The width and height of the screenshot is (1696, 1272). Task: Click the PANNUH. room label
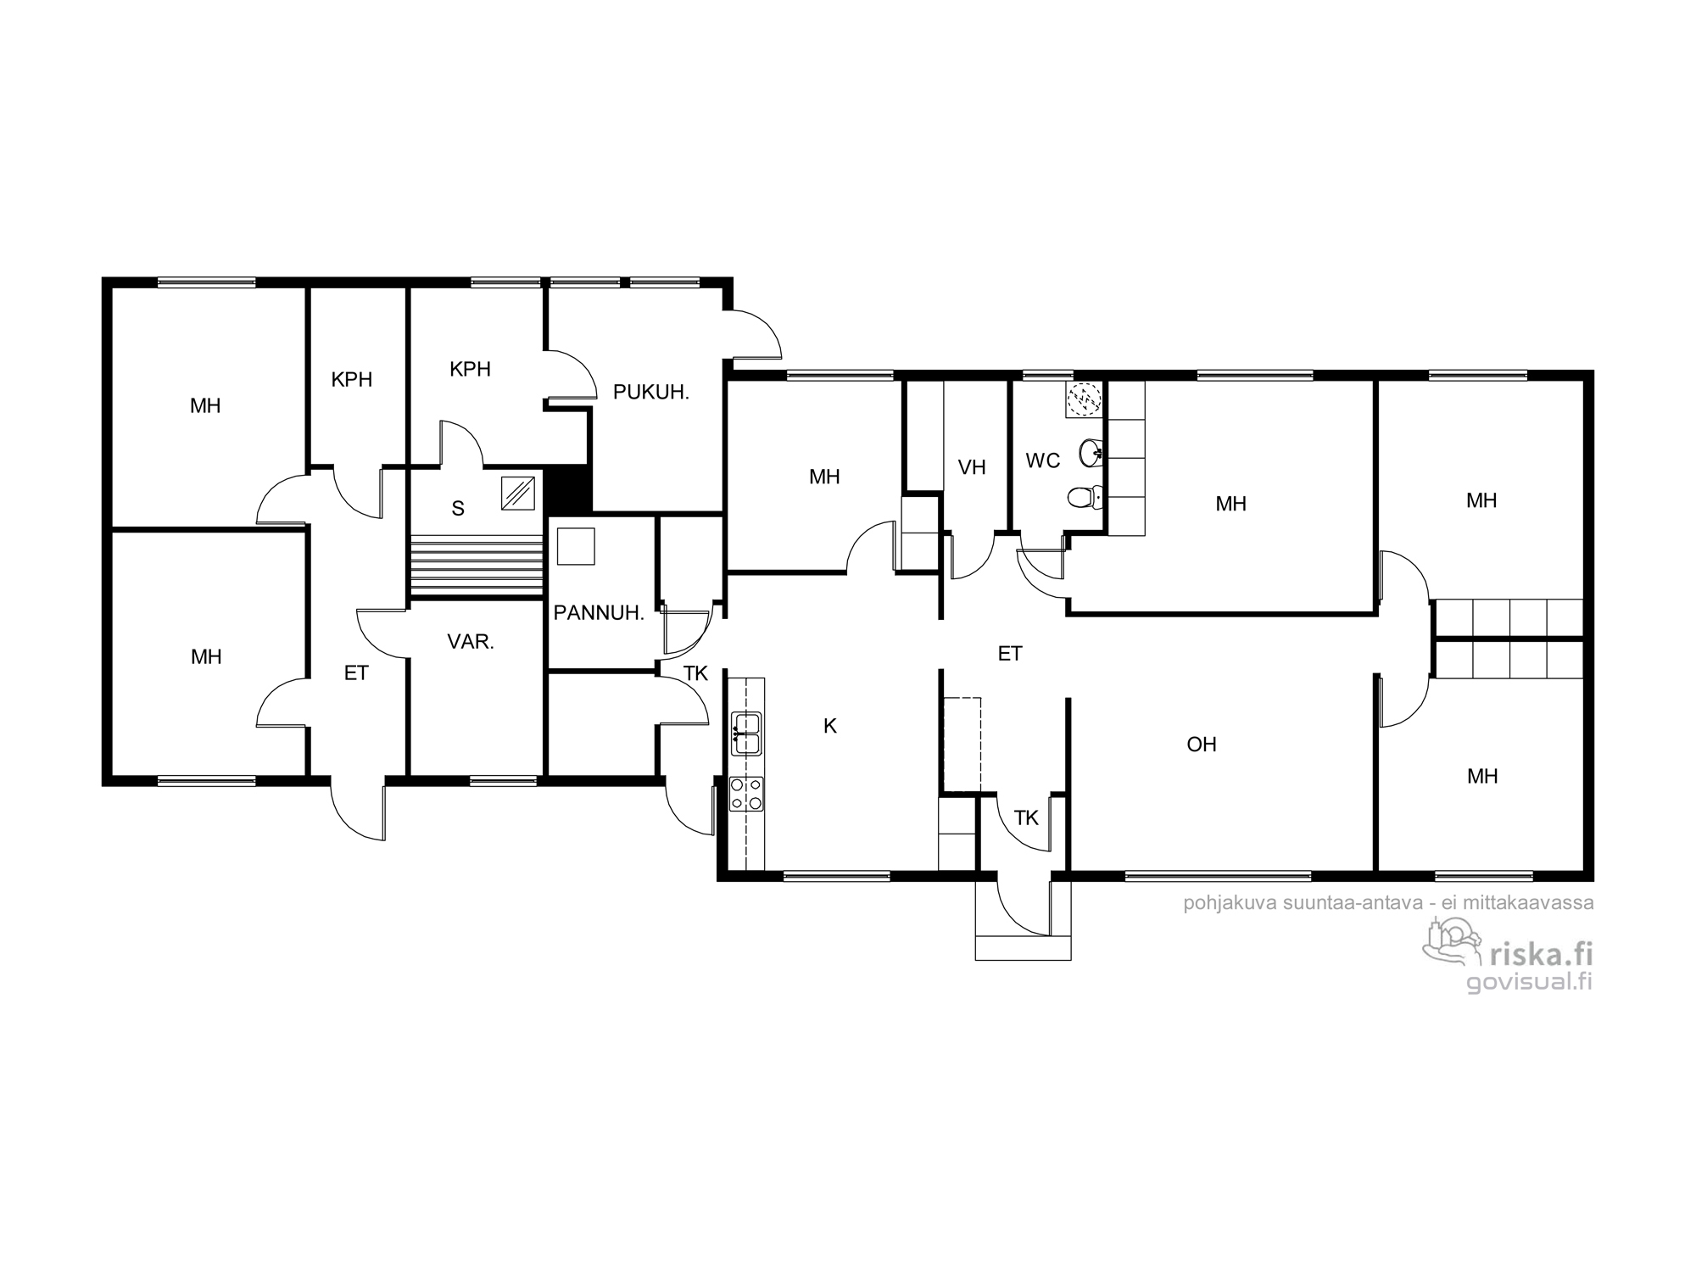point(599,613)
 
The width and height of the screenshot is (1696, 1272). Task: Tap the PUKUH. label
point(651,393)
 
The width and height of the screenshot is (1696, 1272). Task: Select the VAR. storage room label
point(471,642)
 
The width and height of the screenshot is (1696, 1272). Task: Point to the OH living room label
point(1202,745)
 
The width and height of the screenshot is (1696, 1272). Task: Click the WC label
point(1043,460)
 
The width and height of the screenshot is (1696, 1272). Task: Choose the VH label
point(972,467)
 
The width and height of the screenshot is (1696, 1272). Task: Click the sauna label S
point(458,509)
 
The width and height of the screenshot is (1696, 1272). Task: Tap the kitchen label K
point(830,726)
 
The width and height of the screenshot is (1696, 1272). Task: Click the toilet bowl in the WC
point(1086,497)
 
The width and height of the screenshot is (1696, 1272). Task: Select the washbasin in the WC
point(1091,454)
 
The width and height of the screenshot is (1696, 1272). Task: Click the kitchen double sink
point(746,734)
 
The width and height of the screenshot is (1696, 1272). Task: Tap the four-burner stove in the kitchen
point(746,795)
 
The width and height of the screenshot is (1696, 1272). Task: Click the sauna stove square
point(518,494)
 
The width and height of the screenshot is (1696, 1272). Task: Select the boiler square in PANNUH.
point(577,546)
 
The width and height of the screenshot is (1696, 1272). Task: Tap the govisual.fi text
point(1530,981)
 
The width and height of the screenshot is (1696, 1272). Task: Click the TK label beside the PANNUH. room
point(695,674)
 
